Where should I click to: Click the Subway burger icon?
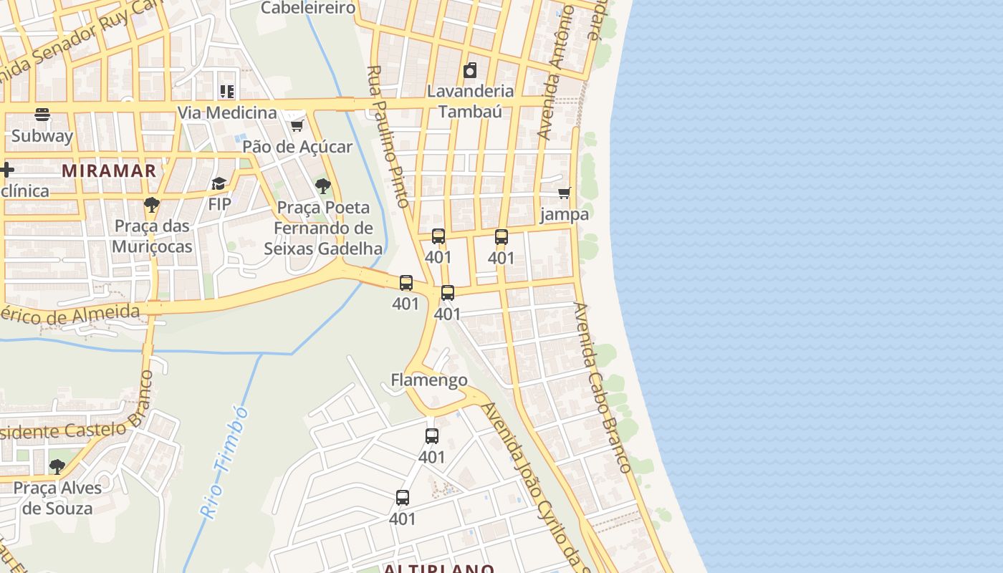(x=42, y=115)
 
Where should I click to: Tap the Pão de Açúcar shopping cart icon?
(x=297, y=126)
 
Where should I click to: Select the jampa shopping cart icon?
(x=565, y=193)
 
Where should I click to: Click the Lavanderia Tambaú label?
(x=470, y=101)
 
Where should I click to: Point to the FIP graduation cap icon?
(x=219, y=184)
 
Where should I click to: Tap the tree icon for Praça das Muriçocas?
(x=151, y=206)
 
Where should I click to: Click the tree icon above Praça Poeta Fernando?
(x=323, y=187)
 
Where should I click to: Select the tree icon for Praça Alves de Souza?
(x=57, y=467)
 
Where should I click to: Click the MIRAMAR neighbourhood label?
(x=109, y=170)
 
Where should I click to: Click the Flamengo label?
(x=429, y=380)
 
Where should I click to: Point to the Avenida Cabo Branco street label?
(x=601, y=387)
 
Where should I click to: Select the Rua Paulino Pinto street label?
(x=388, y=136)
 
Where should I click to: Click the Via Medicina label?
(x=227, y=112)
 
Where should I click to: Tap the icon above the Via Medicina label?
(x=227, y=91)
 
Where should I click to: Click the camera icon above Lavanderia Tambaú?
(x=470, y=70)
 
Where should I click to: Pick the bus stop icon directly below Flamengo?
(x=431, y=436)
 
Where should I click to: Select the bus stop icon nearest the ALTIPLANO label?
(x=403, y=498)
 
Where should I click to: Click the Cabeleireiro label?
(x=308, y=8)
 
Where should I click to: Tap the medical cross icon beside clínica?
(x=7, y=170)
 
